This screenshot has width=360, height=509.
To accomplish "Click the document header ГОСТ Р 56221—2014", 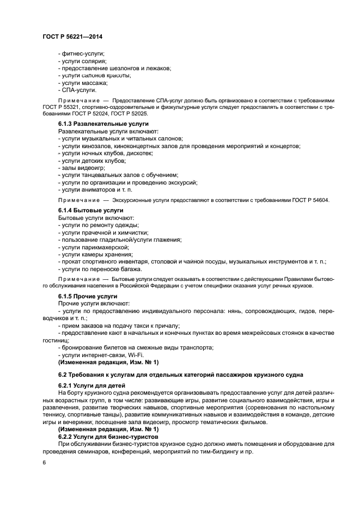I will click(72, 36).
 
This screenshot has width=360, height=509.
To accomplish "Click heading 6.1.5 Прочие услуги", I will click(87, 296).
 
